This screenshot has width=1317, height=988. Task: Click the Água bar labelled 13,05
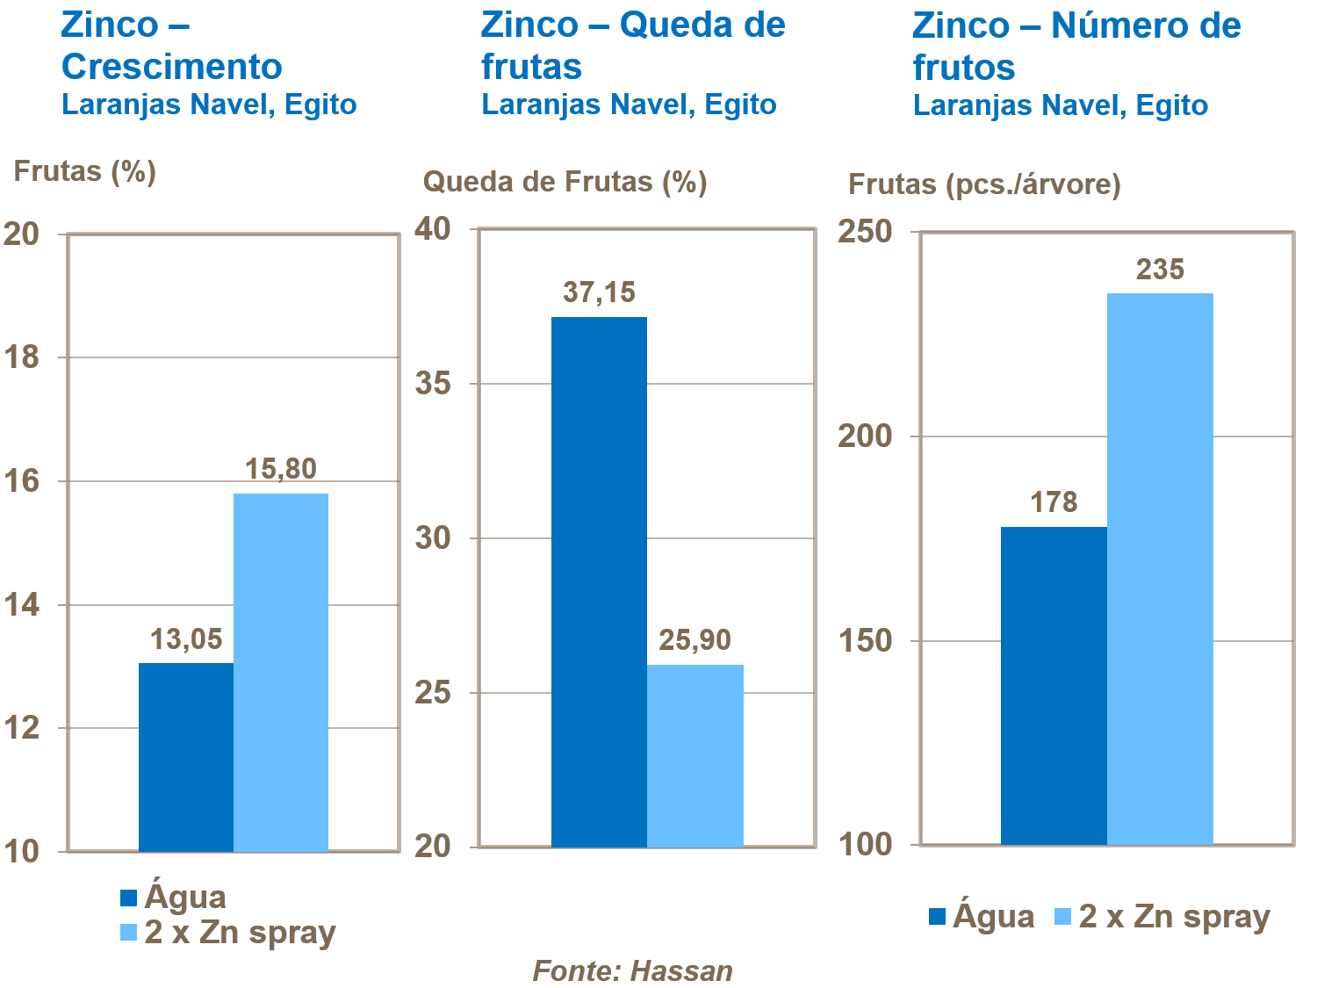coord(186,756)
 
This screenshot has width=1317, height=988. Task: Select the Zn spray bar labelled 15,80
coord(281,672)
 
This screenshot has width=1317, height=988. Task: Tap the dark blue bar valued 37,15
coord(599,581)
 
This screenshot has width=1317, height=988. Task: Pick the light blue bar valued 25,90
coord(695,755)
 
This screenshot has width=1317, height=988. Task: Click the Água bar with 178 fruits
coord(1054,685)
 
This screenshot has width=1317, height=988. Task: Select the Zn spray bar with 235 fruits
coord(1160,568)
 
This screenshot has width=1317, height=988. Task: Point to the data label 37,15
coord(599,292)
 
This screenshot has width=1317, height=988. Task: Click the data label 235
coord(1160,270)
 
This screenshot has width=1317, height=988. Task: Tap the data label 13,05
coord(186,639)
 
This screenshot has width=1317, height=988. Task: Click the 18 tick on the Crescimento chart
coord(22,357)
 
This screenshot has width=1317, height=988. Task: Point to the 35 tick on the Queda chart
coord(433,384)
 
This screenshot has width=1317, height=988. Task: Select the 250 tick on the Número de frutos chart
coord(865,232)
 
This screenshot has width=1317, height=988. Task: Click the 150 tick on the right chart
coord(865,641)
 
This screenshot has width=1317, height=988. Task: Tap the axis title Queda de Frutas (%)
coord(565,182)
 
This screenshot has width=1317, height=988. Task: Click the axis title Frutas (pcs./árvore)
coord(984,184)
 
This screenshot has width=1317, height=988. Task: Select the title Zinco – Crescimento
coord(171,46)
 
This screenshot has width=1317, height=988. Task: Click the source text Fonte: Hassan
coord(632,970)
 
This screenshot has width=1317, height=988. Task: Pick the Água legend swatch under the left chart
coord(129,898)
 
